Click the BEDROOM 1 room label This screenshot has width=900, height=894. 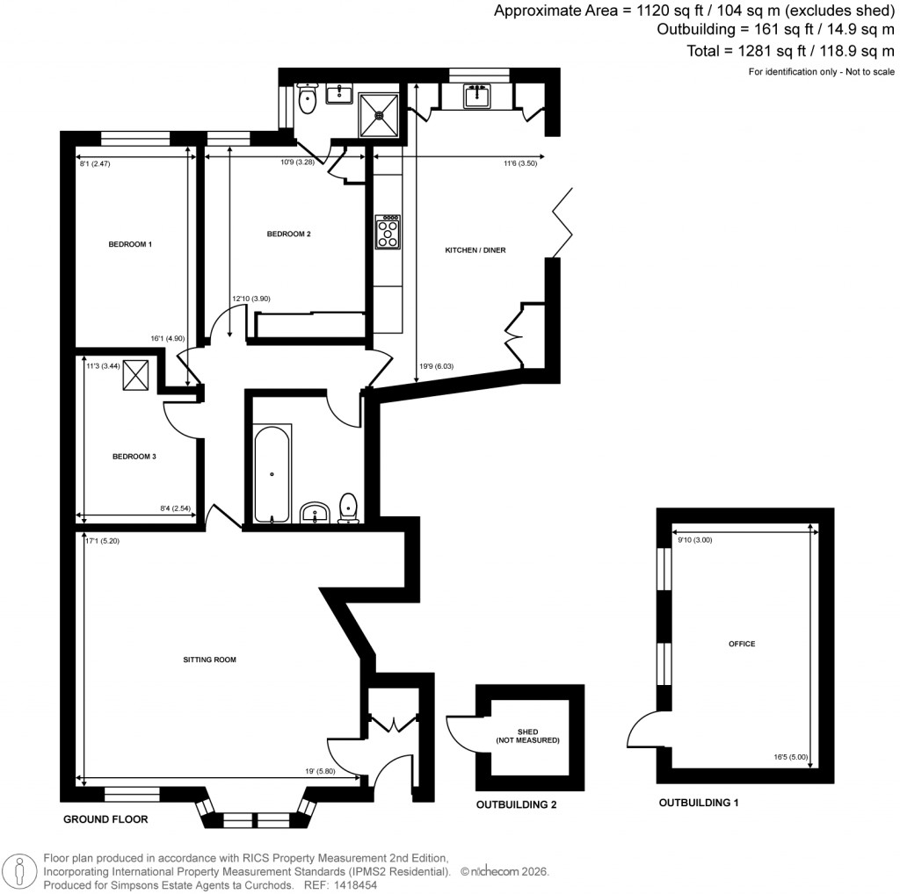click(x=129, y=243)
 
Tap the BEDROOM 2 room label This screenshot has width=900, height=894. click(x=289, y=234)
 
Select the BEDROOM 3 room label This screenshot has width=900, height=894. click(x=134, y=456)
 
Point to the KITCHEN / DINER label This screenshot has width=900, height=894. click(x=475, y=250)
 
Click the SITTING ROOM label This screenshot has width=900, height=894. click(x=209, y=659)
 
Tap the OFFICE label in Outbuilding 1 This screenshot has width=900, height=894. click(x=742, y=644)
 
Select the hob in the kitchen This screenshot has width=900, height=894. click(x=388, y=232)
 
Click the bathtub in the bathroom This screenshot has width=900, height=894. click(x=272, y=474)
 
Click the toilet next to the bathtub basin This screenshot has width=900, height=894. click(x=349, y=508)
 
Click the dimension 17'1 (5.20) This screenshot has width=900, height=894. click(x=103, y=541)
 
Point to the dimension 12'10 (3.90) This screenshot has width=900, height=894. click(x=250, y=299)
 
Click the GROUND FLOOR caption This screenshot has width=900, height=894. click(x=105, y=819)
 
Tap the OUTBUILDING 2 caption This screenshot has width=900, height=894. click(x=516, y=804)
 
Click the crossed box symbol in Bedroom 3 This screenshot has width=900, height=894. click(x=135, y=375)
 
